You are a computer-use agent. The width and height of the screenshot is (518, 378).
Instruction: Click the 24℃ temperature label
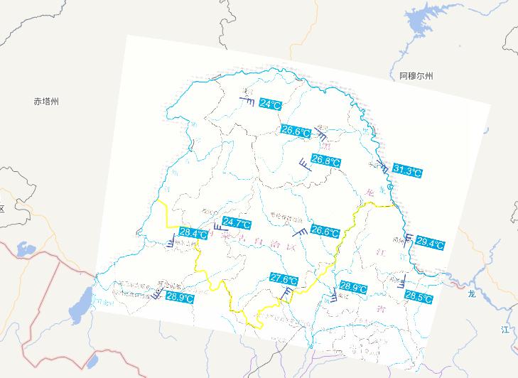point(270,104)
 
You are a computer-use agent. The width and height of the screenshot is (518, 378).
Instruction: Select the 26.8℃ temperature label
point(326,162)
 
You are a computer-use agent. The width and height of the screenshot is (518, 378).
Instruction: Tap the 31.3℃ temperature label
point(407,171)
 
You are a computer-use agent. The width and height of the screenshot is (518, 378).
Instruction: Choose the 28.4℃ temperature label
point(193,233)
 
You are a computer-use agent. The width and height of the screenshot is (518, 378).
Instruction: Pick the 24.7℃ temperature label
point(237,224)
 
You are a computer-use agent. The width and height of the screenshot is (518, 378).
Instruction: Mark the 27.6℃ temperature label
point(284,279)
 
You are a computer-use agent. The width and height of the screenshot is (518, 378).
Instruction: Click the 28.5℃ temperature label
point(419,296)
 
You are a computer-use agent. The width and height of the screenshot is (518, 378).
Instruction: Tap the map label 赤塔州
point(46,102)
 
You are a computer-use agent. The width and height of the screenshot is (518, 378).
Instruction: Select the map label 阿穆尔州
point(416,75)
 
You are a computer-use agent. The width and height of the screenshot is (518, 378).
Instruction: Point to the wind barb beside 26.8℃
point(304,164)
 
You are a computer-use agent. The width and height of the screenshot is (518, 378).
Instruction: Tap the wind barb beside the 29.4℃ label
point(409,238)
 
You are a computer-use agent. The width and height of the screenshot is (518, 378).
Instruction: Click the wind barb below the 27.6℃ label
point(286,293)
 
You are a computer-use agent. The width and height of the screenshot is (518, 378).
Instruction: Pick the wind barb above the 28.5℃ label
point(404,281)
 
